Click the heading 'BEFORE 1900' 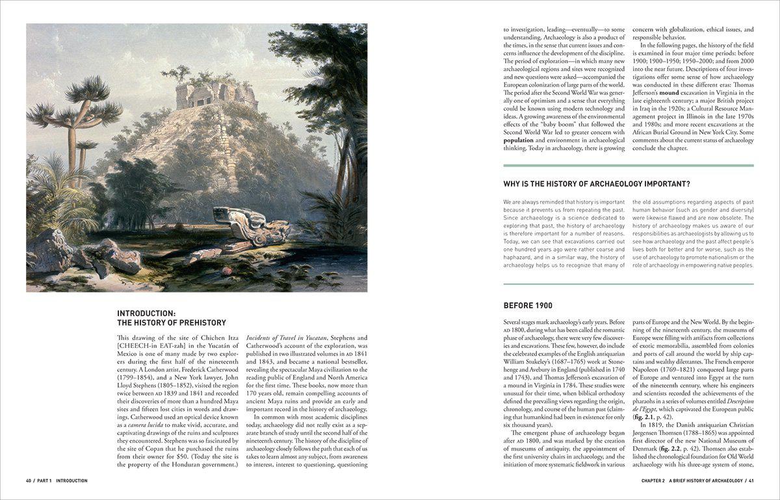pyautogui.click(x=528, y=306)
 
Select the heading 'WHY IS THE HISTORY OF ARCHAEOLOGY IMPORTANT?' pyautogui.click(x=597, y=184)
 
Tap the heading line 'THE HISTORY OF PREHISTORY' pyautogui.click(x=172, y=322)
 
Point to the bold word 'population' pyautogui.click(x=518, y=140)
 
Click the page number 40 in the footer pyautogui.click(x=29, y=480)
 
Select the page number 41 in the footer pyautogui.click(x=750, y=480)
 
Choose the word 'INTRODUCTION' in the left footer pyautogui.click(x=71, y=480)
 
